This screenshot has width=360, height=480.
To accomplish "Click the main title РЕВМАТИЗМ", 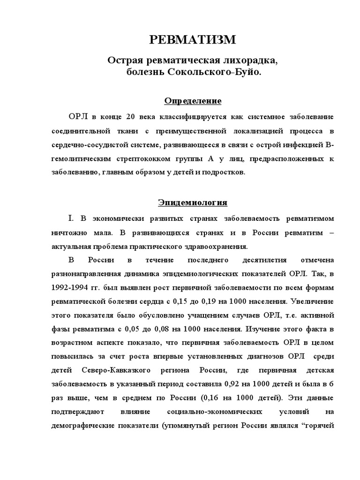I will (193, 40).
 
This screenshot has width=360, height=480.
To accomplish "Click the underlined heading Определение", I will (193, 101).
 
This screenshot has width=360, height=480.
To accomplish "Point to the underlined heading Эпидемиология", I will (193, 202).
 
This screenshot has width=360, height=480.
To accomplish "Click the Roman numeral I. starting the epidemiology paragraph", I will (71, 219).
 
